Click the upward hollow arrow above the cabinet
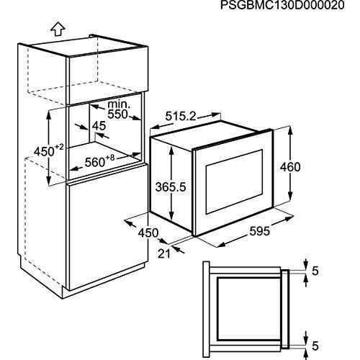coord(55,28)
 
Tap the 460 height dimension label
coord(310,167)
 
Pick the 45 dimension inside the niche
coord(99,126)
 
